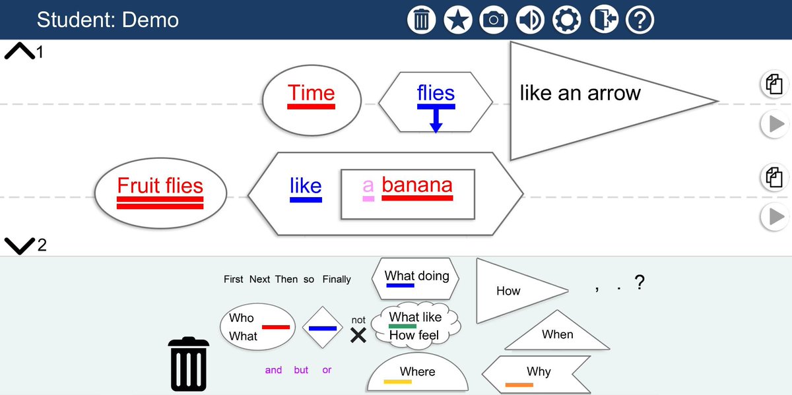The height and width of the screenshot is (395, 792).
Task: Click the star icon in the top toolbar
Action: coord(457,20)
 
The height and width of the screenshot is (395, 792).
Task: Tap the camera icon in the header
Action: coord(494,20)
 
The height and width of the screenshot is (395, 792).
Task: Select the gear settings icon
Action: coord(566,20)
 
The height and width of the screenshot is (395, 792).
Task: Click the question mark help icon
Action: coord(639,20)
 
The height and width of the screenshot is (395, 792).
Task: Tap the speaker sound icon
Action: coord(529,20)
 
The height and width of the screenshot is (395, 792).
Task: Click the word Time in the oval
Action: coord(312,94)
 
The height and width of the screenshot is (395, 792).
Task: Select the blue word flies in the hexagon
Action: coord(436,93)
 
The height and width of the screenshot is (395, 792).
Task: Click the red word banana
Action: coord(417,185)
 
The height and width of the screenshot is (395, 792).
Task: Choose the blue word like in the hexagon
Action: coord(306,186)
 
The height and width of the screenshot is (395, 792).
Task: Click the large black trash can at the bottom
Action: coord(189,363)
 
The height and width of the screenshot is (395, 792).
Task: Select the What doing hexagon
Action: coord(416,277)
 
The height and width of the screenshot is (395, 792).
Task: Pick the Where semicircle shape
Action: coord(417,374)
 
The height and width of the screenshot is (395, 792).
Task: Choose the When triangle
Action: coord(557,334)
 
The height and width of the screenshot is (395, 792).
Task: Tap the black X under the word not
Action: coord(358,336)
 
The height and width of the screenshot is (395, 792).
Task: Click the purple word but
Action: coord(301,370)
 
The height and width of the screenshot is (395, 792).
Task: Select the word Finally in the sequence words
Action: coord(337,280)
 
